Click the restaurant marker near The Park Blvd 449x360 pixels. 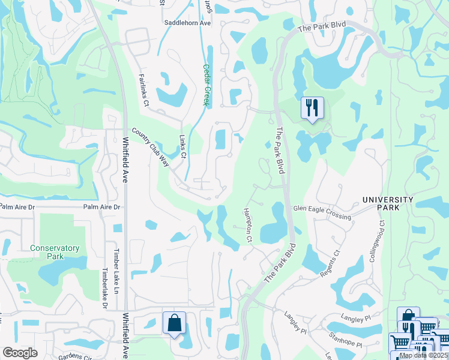pyautogui.click(x=312, y=109)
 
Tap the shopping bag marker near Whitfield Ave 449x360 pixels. pyautogui.click(x=174, y=323)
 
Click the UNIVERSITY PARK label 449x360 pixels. pyautogui.click(x=387, y=203)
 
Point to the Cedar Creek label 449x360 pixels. pyautogui.click(x=205, y=85)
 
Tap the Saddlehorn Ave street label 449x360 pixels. pyautogui.click(x=188, y=23)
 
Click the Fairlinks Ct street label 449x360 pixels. pyautogui.click(x=143, y=90)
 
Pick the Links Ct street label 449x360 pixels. pyautogui.click(x=183, y=146)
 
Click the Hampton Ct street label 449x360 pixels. pyautogui.click(x=247, y=226)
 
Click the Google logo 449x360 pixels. pyautogui.click(x=20, y=353)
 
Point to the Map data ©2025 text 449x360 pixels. pyautogui.click(x=423, y=355)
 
